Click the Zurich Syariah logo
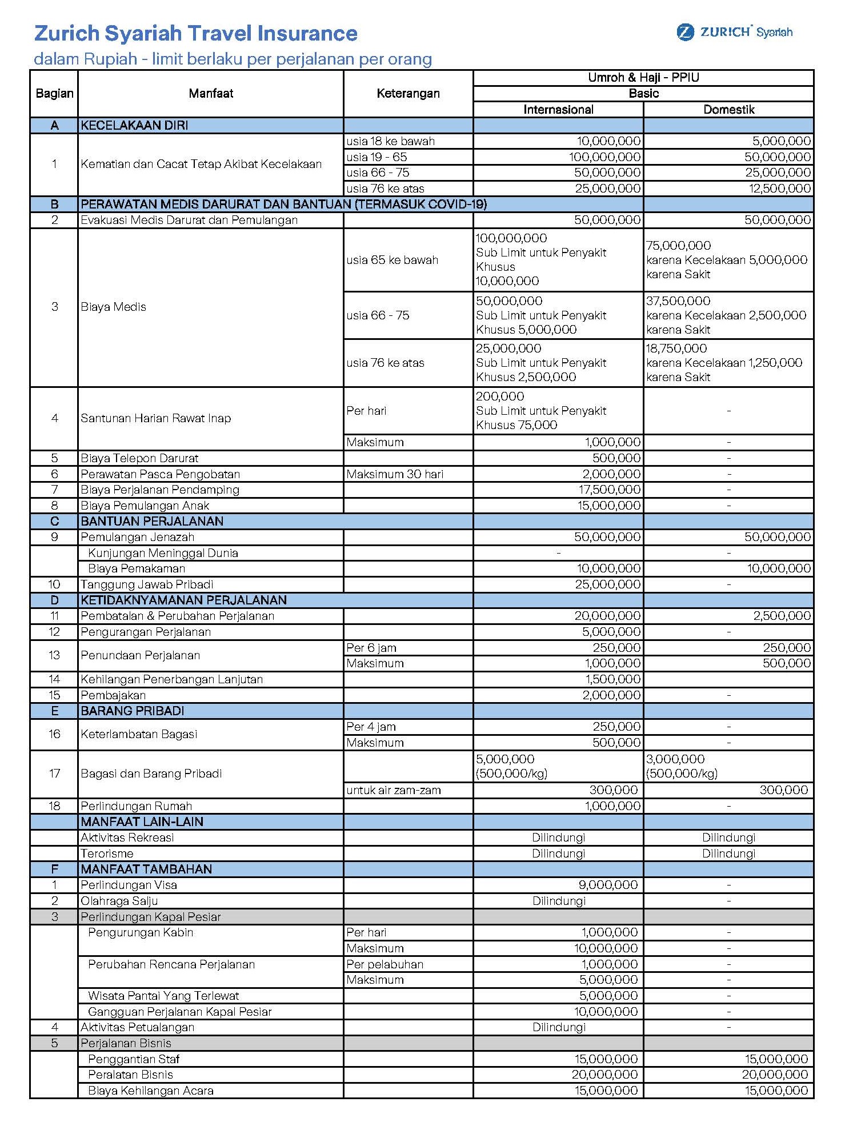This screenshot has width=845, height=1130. coord(735,32)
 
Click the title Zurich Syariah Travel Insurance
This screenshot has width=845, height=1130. coord(195,33)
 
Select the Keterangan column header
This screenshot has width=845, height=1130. coord(408,94)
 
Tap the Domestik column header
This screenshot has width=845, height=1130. coord(728,110)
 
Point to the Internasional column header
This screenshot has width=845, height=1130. coord(558,110)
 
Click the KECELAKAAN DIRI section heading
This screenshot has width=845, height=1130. coord(134,126)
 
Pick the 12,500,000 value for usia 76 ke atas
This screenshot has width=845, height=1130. coord(780,189)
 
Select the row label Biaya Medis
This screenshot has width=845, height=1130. coord(113,307)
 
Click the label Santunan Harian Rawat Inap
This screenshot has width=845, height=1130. coord(155,418)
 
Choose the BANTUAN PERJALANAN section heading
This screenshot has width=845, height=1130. coord(152,521)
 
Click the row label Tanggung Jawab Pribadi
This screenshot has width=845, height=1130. coord(147,584)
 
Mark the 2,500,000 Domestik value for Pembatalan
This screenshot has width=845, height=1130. coord(782,616)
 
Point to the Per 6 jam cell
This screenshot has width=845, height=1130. coord(371,648)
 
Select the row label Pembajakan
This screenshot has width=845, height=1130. coord(113,695)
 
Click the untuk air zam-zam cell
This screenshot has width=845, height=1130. coord(393,791)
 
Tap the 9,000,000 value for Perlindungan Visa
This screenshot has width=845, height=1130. coord(608,885)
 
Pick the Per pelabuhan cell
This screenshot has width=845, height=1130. coord(385,964)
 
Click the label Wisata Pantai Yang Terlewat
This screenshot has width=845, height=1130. coord(163,996)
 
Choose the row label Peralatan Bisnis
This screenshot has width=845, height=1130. coord(130,1075)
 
